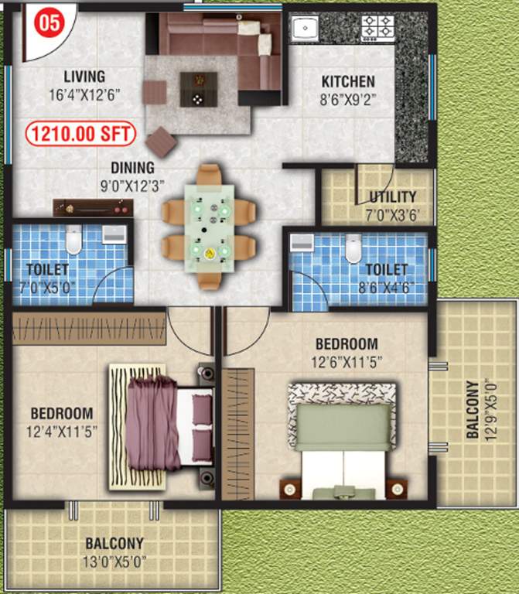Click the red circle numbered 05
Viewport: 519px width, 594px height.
click(x=49, y=22)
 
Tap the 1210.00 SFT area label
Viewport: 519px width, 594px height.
click(x=81, y=135)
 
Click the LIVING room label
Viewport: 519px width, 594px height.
click(x=84, y=77)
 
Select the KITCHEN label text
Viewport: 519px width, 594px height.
click(x=348, y=81)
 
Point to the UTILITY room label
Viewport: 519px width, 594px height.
click(x=392, y=197)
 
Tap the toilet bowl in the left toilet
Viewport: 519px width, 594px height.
click(x=73, y=241)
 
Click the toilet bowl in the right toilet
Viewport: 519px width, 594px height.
click(x=353, y=247)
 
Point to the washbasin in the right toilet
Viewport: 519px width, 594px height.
click(x=300, y=243)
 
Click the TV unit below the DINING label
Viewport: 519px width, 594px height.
click(x=93, y=207)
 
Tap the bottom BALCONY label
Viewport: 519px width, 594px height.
click(x=114, y=544)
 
